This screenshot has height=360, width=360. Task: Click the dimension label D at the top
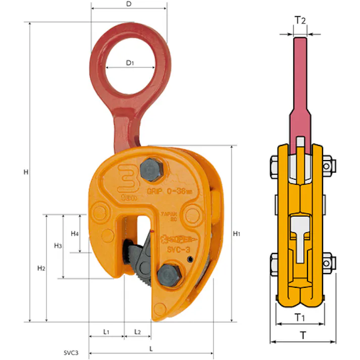tap(129, 4)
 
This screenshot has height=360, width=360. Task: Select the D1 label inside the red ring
tap(130, 63)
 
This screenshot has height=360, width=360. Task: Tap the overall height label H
tap(25, 172)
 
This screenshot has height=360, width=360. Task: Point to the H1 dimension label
tap(237, 234)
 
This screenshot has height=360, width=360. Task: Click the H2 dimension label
tap(41, 269)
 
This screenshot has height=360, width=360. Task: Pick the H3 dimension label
tap(58, 246)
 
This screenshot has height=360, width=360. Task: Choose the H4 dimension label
tap(74, 234)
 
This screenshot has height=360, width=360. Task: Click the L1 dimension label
tap(107, 332)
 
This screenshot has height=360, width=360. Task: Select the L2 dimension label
tap(137, 332)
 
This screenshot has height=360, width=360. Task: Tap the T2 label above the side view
tap(300, 20)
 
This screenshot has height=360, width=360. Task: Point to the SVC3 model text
tap(71, 352)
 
